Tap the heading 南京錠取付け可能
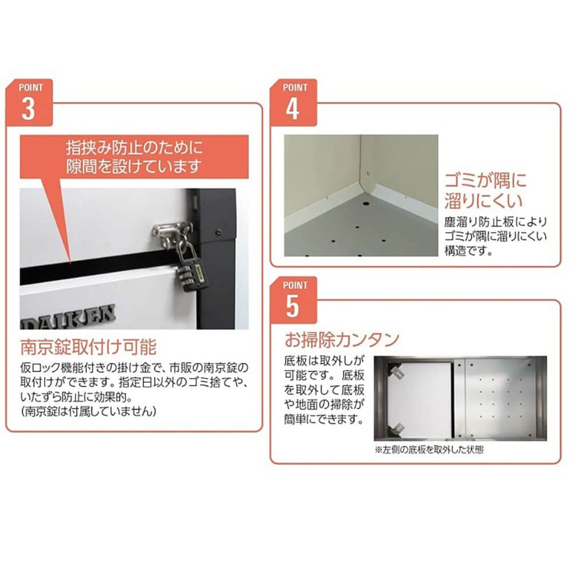click(88, 346)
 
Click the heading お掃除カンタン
click(342, 339)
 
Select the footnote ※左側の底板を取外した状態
click(429, 450)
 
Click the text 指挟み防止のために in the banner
click(134, 148)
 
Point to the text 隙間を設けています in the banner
click(133, 166)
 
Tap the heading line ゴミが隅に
click(486, 181)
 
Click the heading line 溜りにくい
click(484, 200)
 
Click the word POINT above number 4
click(295, 87)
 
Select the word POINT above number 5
click(295, 285)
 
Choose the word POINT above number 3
click(31, 87)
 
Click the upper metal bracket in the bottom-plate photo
click(396, 371)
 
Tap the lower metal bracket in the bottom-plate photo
click(396, 430)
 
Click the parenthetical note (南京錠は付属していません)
click(88, 412)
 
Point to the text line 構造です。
click(469, 251)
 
